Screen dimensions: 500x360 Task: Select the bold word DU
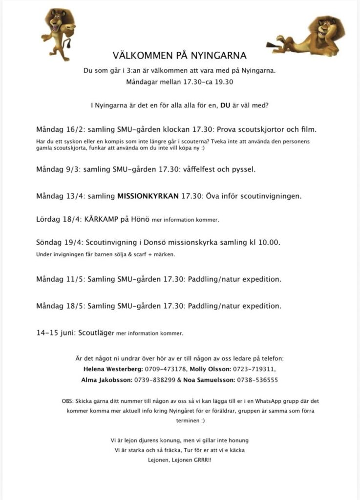click(226, 105)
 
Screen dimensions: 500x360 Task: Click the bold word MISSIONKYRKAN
click(148, 196)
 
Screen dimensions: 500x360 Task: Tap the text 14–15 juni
click(55, 333)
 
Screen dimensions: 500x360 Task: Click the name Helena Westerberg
click(113, 368)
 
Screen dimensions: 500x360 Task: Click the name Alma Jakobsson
click(109, 379)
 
